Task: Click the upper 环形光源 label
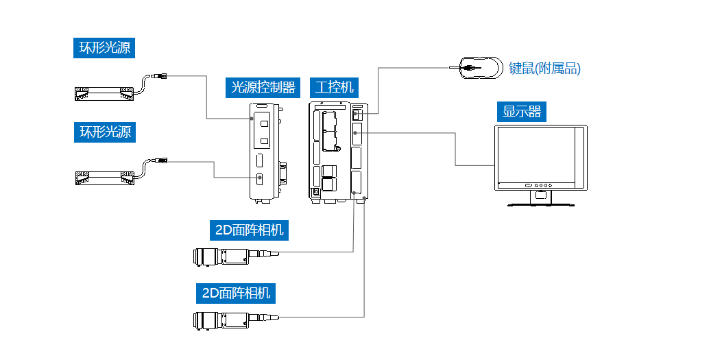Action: click(105, 48)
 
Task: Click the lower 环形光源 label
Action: click(105, 132)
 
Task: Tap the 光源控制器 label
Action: click(263, 87)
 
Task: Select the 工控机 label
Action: click(335, 87)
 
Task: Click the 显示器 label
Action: click(522, 111)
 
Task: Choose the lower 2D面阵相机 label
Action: click(236, 293)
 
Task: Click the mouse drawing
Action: click(479, 68)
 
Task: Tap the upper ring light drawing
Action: click(104, 94)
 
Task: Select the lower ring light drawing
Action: click(104, 178)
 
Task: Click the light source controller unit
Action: click(264, 151)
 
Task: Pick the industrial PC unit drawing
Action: click(339, 151)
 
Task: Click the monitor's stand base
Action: click(541, 204)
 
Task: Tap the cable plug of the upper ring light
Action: click(161, 75)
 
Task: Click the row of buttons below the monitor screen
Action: click(539, 185)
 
